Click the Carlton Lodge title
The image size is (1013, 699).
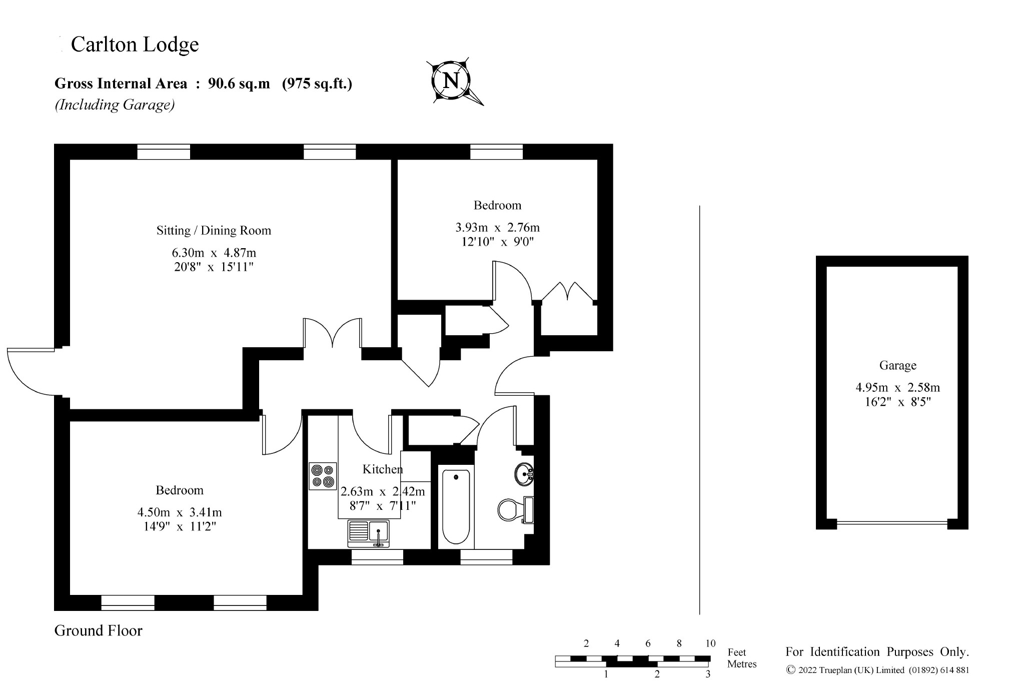(x=135, y=45)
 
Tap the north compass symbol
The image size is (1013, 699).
(x=453, y=81)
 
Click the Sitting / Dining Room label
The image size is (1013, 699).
(x=214, y=231)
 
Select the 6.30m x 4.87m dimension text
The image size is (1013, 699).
(x=214, y=253)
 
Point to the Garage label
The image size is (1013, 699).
(x=898, y=366)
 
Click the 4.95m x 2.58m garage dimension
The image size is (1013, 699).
(x=898, y=387)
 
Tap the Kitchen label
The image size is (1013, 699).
(x=383, y=469)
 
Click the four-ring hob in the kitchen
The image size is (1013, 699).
(x=323, y=476)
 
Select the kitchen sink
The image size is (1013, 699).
(x=369, y=534)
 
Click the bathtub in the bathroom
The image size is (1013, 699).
(x=456, y=506)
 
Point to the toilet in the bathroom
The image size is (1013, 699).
(x=516, y=510)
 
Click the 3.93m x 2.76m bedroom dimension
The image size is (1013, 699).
(x=497, y=228)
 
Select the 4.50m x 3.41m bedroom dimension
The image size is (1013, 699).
(x=180, y=512)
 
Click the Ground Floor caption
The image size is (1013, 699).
(x=99, y=630)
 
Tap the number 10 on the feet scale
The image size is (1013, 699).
(x=710, y=643)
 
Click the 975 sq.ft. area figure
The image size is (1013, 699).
(x=317, y=84)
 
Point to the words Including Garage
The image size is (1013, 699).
(x=115, y=105)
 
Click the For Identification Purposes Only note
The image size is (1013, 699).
(x=877, y=652)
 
